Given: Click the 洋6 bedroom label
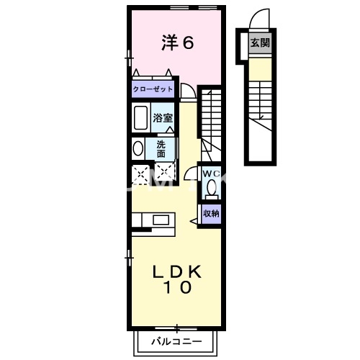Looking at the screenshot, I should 176,43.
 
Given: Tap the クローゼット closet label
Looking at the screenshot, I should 152,90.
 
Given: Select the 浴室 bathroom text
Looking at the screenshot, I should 163,117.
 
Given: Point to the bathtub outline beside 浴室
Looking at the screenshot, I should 140,117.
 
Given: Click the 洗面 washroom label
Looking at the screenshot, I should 161,148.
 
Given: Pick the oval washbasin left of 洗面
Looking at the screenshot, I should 138,148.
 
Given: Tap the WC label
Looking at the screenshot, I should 210,174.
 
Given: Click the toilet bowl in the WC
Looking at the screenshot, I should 211,189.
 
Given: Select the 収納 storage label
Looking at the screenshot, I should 210,213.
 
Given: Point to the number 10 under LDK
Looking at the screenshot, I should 176,289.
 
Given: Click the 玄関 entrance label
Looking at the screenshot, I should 260,43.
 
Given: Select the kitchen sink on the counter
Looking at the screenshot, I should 159,219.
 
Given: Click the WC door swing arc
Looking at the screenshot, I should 191,173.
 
